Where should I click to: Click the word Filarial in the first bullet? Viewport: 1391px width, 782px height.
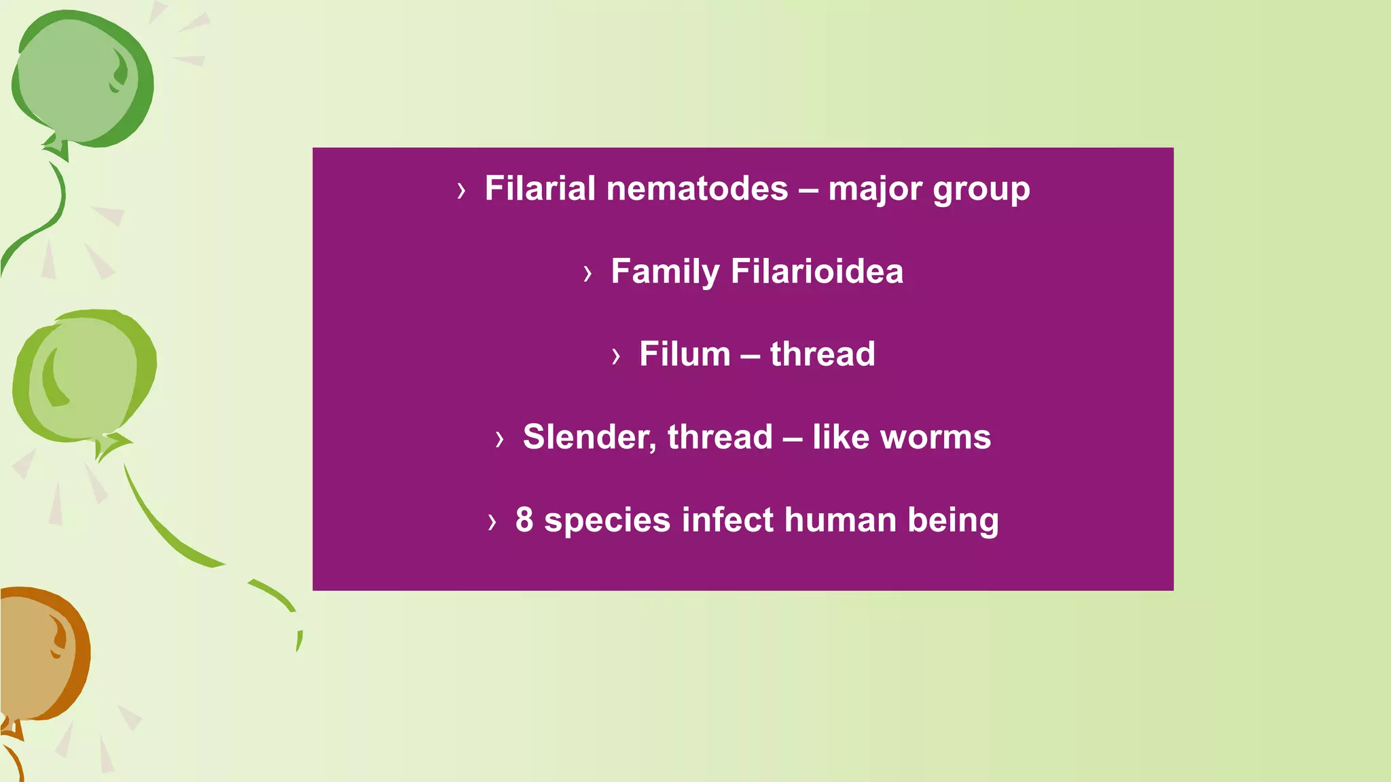point(540,189)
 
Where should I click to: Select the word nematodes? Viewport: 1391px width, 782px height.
point(697,189)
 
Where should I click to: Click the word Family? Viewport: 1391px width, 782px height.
point(665,272)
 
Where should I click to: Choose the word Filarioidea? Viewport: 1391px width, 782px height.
point(817,271)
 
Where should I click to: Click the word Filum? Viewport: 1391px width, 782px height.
point(684,354)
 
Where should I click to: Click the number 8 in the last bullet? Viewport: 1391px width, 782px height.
point(524,520)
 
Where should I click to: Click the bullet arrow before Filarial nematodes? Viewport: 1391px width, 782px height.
point(462,191)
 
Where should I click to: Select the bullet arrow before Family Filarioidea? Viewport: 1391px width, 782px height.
point(588,274)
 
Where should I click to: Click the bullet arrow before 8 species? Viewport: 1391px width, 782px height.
point(492,522)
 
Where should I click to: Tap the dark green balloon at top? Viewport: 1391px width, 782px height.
point(82,78)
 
